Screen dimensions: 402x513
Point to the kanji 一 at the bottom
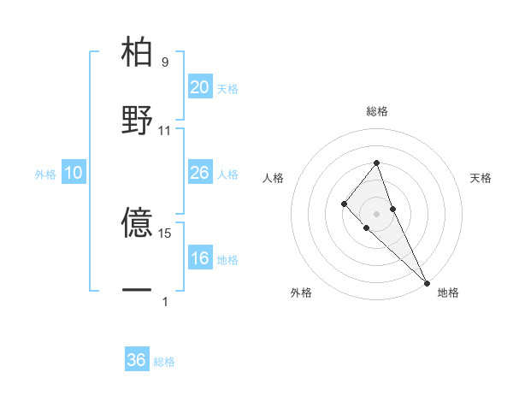pyautogui.click(x=138, y=291)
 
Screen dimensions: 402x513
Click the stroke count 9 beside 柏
pyautogui.click(x=165, y=62)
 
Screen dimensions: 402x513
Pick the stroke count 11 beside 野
pyautogui.click(x=165, y=130)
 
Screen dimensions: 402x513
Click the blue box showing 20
pyautogui.click(x=199, y=87)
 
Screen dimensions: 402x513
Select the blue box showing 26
pyautogui.click(x=199, y=173)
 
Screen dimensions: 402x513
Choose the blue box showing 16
pyautogui.click(x=199, y=258)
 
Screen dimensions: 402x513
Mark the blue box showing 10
pyautogui.click(x=74, y=173)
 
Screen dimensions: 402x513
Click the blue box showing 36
pyautogui.click(x=137, y=360)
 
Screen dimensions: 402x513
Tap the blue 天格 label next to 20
pyautogui.click(x=227, y=89)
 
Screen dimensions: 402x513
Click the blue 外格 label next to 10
pyautogui.click(x=45, y=174)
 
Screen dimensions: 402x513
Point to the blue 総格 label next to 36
pyautogui.click(x=164, y=362)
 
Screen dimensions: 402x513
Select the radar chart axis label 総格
pyautogui.click(x=377, y=111)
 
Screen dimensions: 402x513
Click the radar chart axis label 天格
pyautogui.click(x=481, y=178)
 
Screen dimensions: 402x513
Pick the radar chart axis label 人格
pyautogui.click(x=274, y=178)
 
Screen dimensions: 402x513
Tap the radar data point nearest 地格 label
pyautogui.click(x=427, y=281)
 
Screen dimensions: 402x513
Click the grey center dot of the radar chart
pyautogui.click(x=377, y=213)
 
